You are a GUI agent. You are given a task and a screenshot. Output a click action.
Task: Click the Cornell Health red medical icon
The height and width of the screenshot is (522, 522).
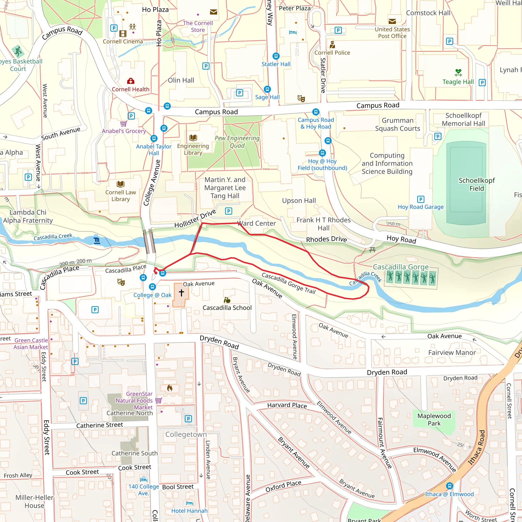131,81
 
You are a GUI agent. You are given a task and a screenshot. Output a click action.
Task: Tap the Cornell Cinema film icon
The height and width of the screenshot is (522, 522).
123,33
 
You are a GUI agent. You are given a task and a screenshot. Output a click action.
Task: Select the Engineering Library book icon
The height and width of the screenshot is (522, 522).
193,138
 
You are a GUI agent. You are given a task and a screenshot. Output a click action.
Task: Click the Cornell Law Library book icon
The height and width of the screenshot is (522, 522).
121,184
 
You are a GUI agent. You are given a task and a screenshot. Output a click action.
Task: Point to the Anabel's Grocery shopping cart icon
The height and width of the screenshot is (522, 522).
123,123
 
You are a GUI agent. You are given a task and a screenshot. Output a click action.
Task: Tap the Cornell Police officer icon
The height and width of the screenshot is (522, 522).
332,44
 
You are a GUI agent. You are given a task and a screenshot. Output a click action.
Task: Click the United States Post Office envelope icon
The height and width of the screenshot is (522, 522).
392,21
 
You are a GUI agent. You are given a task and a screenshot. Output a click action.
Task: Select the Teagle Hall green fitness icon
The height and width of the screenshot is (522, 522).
458,72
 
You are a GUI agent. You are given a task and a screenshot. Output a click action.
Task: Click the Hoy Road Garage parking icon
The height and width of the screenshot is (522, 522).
421,199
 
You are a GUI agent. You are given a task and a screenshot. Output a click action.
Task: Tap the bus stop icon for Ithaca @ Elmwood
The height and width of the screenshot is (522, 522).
449,486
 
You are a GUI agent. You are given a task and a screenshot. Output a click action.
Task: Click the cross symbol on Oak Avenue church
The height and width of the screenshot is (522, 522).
181,292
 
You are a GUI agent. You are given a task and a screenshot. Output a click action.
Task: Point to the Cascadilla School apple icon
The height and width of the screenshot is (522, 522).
227,300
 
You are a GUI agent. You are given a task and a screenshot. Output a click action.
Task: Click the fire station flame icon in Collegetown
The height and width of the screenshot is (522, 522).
170,388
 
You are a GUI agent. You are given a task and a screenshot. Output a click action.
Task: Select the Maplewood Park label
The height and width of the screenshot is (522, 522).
434,419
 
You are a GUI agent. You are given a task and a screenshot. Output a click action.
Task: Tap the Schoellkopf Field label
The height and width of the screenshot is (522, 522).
477,184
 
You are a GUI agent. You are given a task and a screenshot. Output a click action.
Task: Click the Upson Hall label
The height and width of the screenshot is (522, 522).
299,201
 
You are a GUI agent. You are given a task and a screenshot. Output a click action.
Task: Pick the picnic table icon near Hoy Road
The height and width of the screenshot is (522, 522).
372,250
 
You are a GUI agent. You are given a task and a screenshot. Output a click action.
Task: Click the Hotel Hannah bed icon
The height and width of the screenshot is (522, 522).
190,503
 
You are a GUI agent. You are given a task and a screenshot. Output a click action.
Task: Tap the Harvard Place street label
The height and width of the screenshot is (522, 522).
287,405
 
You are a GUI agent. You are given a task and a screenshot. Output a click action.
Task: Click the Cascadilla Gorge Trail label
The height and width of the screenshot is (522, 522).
289,283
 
